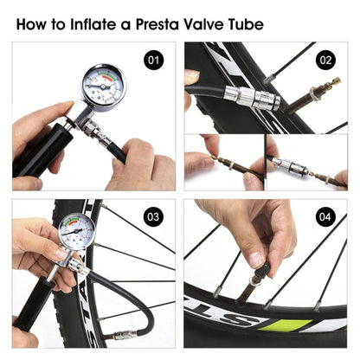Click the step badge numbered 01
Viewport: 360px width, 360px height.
coord(154,61)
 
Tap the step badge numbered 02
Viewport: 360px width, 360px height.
coord(326,61)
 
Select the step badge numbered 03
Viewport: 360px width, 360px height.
coord(154,216)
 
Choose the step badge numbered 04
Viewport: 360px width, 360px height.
coord(326,216)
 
